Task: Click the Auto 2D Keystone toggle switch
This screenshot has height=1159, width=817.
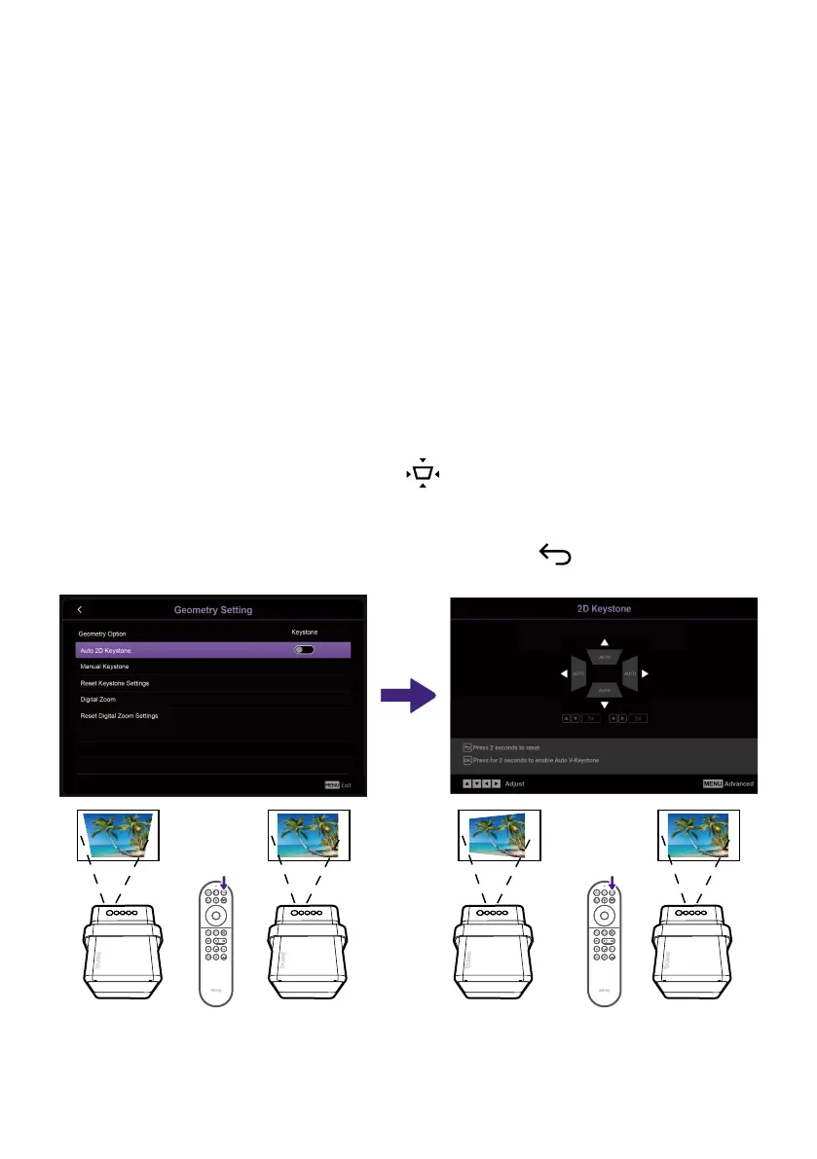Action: tap(304, 649)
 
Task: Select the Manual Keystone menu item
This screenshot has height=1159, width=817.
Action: tap(104, 667)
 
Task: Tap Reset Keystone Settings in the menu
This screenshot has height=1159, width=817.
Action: tap(115, 683)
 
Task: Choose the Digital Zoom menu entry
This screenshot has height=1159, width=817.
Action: tap(97, 699)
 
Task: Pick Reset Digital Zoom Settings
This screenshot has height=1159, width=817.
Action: tap(119, 715)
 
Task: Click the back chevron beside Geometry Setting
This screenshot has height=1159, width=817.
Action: tap(80, 609)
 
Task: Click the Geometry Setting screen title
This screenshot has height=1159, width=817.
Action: tap(213, 610)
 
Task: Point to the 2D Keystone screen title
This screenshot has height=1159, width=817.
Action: tap(604, 609)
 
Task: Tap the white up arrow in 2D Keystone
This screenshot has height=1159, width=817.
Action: tap(605, 642)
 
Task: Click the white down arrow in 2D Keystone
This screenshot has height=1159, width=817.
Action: tap(605, 705)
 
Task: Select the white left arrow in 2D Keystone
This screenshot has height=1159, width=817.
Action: tap(564, 673)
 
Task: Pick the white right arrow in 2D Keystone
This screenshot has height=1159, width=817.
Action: tap(645, 673)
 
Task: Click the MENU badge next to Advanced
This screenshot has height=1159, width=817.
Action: tap(713, 783)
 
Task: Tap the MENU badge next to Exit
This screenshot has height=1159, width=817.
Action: tap(331, 784)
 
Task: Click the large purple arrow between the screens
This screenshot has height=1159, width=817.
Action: tap(407, 695)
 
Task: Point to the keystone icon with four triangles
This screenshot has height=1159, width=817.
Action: tap(423, 473)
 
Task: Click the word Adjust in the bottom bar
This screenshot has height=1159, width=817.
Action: tap(515, 783)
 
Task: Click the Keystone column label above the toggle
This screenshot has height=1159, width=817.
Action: tap(305, 632)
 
